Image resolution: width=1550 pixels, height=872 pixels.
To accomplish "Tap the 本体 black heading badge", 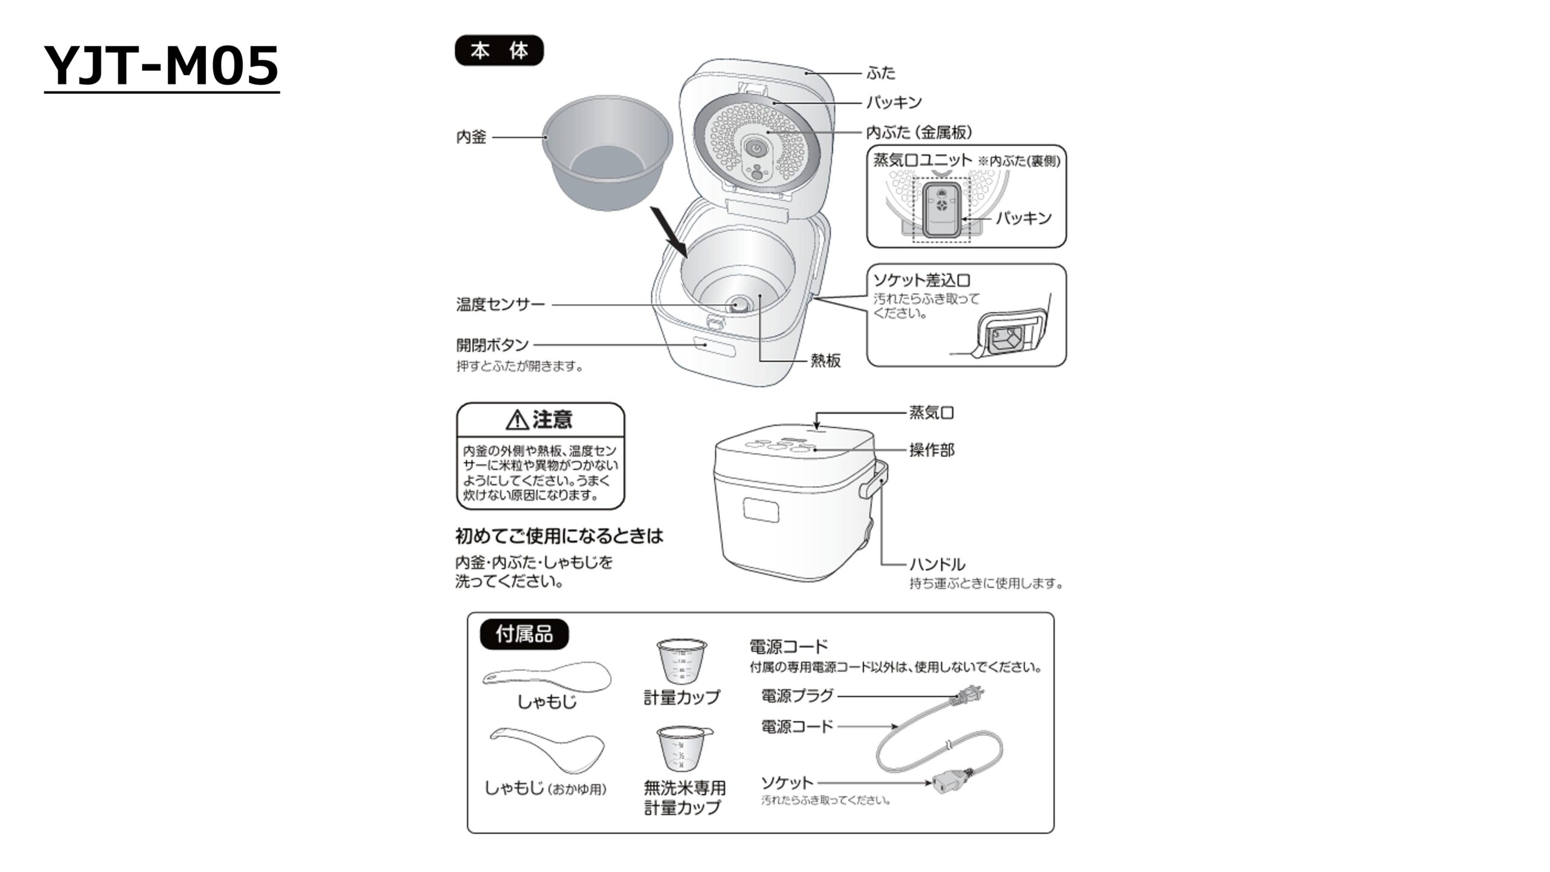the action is click(x=499, y=50).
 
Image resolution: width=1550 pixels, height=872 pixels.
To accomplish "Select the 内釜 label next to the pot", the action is click(x=471, y=137).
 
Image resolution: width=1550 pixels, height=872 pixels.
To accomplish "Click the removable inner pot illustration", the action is click(x=607, y=152).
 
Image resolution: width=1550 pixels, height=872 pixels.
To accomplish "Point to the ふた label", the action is click(x=881, y=73).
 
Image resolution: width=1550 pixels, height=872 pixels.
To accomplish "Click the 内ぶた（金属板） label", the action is click(x=919, y=132).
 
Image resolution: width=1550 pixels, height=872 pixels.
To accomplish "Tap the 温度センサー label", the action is click(x=501, y=304).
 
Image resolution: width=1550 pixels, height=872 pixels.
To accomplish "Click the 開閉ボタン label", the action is click(x=492, y=345).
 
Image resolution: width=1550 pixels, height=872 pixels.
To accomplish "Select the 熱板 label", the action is click(x=826, y=361).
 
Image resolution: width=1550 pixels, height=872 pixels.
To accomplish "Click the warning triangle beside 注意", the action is click(x=517, y=419).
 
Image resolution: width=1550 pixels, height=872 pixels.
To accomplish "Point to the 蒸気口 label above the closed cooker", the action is click(x=931, y=413).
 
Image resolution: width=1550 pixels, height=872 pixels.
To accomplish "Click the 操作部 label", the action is click(x=931, y=450).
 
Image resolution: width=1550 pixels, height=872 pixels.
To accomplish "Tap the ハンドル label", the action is click(x=937, y=564).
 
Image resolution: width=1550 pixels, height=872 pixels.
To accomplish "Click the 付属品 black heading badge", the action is click(x=524, y=634).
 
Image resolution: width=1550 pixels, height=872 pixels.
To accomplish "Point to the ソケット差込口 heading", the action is click(x=922, y=280).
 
